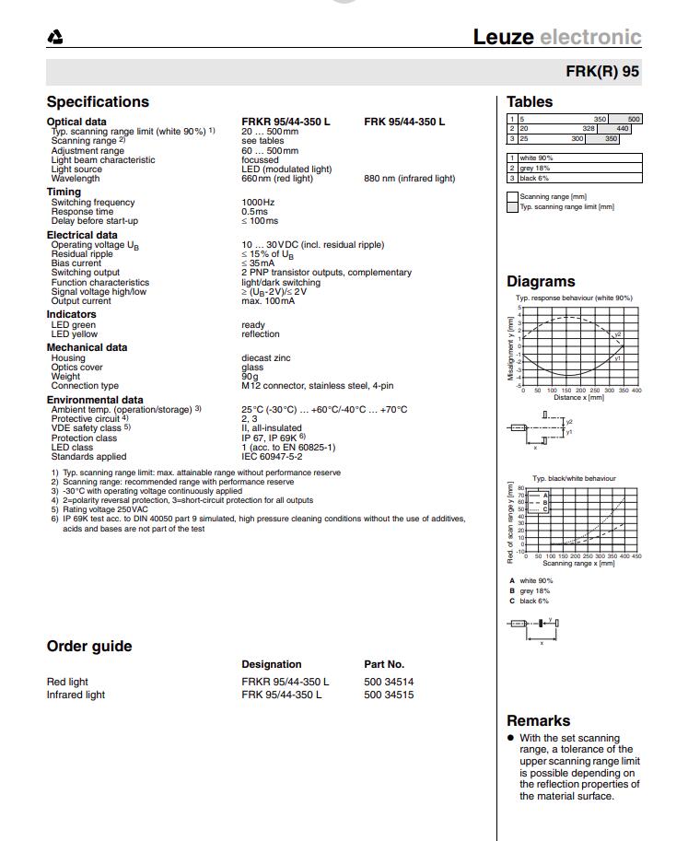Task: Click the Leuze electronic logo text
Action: coord(556,37)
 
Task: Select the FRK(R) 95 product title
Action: coord(602,72)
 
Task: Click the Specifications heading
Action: coord(98,102)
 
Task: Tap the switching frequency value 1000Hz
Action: coord(258,203)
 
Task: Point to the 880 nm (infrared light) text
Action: coord(409,179)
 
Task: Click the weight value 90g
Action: coord(251,377)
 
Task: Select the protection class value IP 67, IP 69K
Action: coord(274,438)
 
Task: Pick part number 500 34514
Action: coord(389,682)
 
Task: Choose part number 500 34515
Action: coord(389,695)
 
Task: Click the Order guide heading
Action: coord(89,647)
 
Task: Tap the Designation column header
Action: coord(271,664)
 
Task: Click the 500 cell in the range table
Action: coord(634,120)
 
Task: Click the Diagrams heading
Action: coord(541,282)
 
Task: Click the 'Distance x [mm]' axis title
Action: coord(578,397)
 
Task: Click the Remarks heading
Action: coord(538,721)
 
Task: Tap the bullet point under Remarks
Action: coord(510,739)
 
